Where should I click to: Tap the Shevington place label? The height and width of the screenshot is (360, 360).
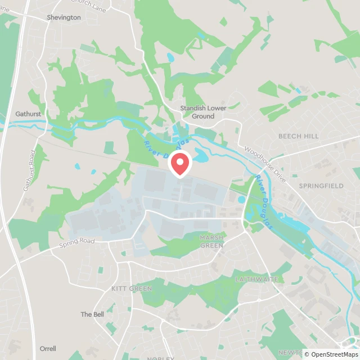[x=64, y=17]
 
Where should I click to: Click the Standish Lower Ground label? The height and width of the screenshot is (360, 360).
[x=197, y=112]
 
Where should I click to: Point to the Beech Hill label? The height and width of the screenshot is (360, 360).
[x=298, y=136]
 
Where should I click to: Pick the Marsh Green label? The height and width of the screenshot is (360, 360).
[x=211, y=241]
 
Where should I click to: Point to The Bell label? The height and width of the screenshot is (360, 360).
[x=92, y=314]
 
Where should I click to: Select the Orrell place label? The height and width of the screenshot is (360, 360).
[x=48, y=349]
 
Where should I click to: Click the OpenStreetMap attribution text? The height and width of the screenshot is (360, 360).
[x=331, y=354]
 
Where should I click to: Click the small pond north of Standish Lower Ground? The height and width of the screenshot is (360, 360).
[x=171, y=57]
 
